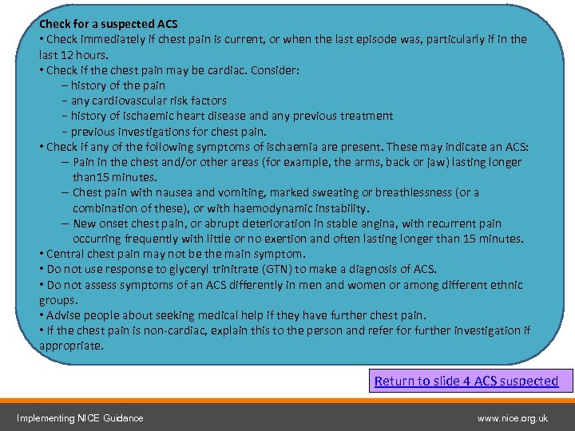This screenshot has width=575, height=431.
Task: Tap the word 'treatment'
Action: pyautogui.click(x=367, y=116)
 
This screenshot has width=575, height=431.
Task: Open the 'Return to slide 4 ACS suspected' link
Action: pyautogui.click(x=466, y=381)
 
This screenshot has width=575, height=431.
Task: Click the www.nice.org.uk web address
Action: pyautogui.click(x=512, y=417)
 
